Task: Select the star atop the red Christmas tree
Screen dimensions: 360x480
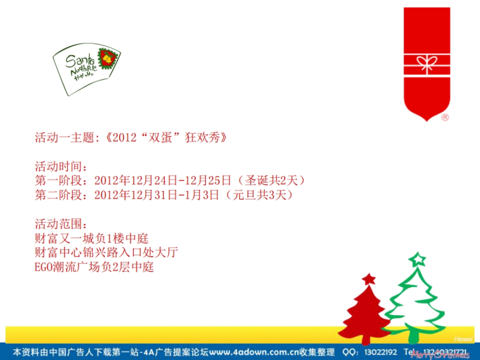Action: click(368, 278)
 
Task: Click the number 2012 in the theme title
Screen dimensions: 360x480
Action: click(125, 138)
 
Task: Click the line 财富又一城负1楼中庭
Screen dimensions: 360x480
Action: click(92, 239)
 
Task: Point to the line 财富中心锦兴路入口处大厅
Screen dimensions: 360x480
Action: click(106, 253)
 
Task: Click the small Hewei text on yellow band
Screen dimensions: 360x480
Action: click(463, 339)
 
